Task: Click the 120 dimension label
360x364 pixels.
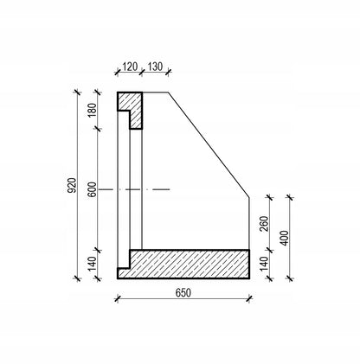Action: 130,67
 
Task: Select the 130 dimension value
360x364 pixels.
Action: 155,67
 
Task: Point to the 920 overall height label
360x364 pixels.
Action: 72,185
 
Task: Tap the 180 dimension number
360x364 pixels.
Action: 93,110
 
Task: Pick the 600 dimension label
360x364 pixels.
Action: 93,189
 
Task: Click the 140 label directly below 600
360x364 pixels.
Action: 93,264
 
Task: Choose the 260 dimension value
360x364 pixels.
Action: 264,224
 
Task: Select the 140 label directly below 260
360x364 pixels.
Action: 264,264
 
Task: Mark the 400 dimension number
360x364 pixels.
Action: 285,238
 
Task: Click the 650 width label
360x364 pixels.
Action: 183,293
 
